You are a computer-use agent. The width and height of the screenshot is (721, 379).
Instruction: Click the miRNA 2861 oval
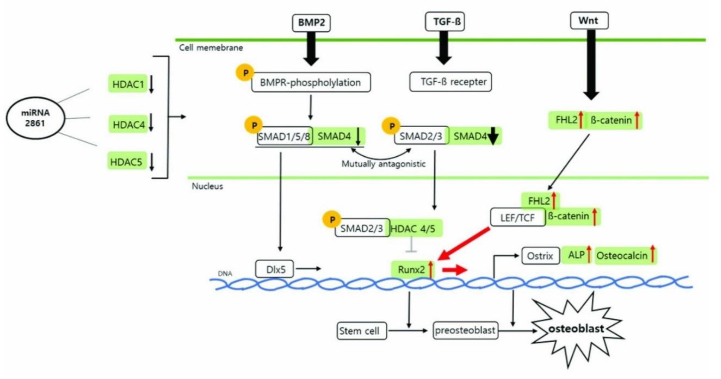pos(35,118)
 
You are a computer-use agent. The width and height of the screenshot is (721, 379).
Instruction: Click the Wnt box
pos(589,21)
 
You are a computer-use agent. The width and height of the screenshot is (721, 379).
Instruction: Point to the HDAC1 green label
pos(128,84)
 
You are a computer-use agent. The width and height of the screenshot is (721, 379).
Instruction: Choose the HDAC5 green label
pos(126,161)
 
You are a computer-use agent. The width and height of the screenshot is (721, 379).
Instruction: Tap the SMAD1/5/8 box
pos(284,136)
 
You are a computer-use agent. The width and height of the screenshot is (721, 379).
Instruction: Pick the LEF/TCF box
pos(517,217)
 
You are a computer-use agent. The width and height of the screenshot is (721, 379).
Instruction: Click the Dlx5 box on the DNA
pos(275,269)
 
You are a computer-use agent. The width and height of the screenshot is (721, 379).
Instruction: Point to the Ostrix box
pos(540,255)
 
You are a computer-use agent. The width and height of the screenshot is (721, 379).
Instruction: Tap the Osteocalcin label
pos(622,255)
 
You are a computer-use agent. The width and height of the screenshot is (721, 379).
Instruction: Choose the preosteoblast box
pos(465,330)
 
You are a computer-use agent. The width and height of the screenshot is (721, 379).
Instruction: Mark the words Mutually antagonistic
pos(383,164)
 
